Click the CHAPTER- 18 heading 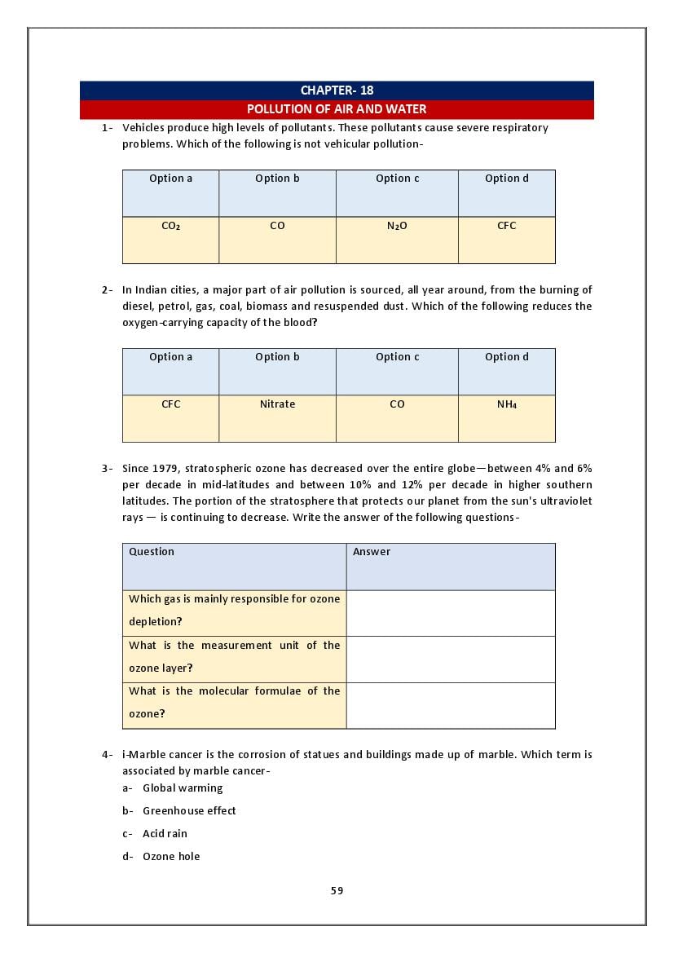337,90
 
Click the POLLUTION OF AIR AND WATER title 337,109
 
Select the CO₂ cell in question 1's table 170,227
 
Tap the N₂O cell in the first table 397,227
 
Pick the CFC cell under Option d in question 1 506,227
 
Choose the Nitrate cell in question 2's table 277,405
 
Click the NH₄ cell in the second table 506,405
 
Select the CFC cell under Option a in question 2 170,405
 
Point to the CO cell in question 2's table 397,405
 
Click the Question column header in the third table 152,552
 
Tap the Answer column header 372,552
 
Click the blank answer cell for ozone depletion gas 451,613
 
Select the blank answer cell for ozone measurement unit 451,659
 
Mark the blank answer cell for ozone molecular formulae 451,705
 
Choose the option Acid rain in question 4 165,834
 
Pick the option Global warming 183,788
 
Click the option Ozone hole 171,857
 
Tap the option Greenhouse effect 189,811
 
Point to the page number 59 337,891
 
